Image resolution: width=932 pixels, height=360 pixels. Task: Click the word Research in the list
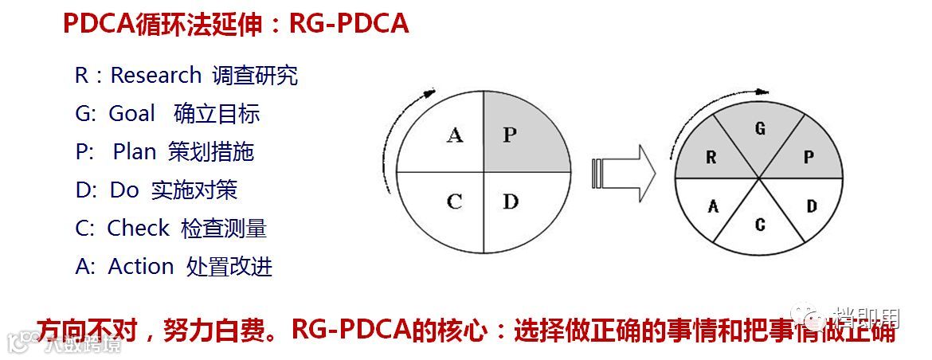pos(155,76)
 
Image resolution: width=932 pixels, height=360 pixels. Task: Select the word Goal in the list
pos(131,114)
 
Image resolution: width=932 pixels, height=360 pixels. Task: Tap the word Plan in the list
pos(134,151)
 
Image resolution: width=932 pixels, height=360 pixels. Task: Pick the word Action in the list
pos(140,266)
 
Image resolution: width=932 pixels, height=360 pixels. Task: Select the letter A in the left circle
pos(455,135)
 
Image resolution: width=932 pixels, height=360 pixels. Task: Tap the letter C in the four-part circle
pos(454,201)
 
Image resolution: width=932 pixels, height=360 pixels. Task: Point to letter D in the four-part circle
pos(511,201)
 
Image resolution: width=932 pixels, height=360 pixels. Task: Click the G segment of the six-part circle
pos(760,131)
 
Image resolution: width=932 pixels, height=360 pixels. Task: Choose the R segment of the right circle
pos(711,157)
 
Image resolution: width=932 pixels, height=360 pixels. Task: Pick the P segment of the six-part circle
pos(808,157)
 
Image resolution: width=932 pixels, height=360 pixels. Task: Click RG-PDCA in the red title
pos(349,24)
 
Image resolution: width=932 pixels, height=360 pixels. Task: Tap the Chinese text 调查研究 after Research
pos(255,76)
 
